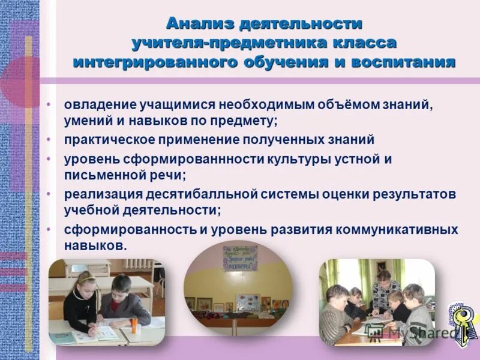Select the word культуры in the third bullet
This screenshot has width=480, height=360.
click(280, 159)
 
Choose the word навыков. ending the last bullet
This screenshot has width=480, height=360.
click(95, 246)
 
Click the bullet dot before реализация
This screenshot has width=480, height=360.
click(50, 194)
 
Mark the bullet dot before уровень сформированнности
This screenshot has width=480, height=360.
click(50, 159)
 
